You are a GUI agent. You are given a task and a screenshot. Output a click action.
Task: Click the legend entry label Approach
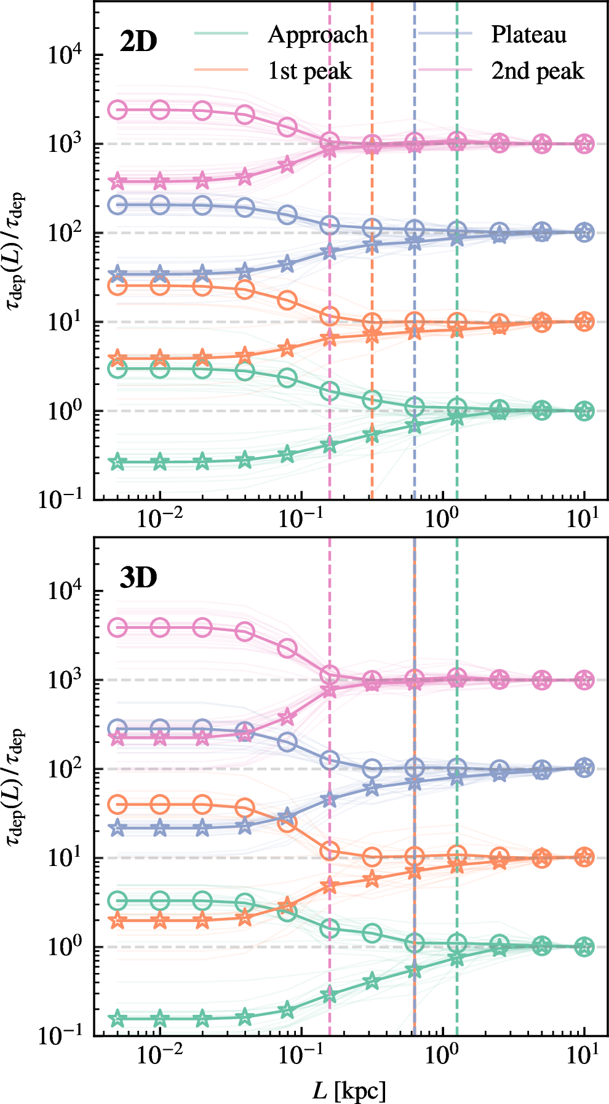[x=317, y=35]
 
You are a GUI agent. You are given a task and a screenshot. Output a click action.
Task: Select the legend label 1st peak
[x=309, y=71]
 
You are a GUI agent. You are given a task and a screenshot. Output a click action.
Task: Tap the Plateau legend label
[x=528, y=35]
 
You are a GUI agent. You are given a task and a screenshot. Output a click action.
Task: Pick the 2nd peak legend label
[x=537, y=71]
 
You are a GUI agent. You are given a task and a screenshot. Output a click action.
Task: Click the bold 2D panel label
[x=138, y=42]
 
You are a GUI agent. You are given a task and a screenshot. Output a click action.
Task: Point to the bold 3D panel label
[x=138, y=578]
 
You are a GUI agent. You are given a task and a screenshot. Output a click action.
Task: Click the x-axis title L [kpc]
[x=349, y=1090]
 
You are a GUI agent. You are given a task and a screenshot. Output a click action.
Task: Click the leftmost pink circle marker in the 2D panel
[x=117, y=110]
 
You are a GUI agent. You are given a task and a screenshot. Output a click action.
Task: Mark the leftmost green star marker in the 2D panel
[x=117, y=462]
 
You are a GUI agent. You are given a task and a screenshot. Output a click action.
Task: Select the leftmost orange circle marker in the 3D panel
[x=117, y=804]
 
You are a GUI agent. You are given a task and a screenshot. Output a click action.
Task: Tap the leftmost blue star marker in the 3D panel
[x=117, y=828]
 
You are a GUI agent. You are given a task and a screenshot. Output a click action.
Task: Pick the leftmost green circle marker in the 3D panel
[x=117, y=901]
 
